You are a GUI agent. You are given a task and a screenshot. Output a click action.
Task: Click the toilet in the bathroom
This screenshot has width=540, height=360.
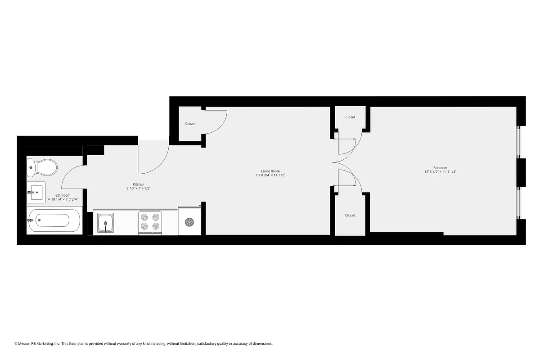tap(43, 167)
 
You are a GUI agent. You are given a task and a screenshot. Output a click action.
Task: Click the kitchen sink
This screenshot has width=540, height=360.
tap(106, 223)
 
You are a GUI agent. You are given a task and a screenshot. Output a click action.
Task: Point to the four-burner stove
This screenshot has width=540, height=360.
tap(150, 222)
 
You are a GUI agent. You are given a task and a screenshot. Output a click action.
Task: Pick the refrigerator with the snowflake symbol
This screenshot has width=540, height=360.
tap(189, 221)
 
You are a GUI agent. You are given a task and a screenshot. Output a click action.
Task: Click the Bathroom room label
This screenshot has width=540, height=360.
tap(63, 195)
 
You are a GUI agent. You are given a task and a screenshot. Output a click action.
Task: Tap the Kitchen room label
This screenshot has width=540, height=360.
tap(138, 184)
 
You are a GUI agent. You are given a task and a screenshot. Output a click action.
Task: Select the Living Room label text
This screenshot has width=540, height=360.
tap(270, 171)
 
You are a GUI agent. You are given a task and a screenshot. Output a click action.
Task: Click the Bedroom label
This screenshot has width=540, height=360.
tap(441, 168)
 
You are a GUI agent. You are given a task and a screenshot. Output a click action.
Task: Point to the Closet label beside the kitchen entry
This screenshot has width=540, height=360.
tap(190, 124)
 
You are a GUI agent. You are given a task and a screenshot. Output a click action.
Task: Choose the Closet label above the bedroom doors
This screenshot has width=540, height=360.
tap(350, 117)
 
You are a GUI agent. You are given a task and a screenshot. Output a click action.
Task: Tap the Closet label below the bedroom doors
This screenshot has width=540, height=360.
tap(350, 216)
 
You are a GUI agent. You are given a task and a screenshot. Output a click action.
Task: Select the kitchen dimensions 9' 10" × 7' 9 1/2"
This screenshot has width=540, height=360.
tap(138, 189)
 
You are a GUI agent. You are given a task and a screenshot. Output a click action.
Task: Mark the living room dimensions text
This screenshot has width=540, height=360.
tap(270, 175)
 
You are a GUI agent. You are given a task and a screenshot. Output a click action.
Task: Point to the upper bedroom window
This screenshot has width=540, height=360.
tap(518, 142)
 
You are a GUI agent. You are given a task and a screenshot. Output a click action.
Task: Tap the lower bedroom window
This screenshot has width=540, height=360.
tap(518, 202)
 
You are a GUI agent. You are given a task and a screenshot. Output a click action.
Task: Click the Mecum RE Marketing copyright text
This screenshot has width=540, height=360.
tap(144, 344)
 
